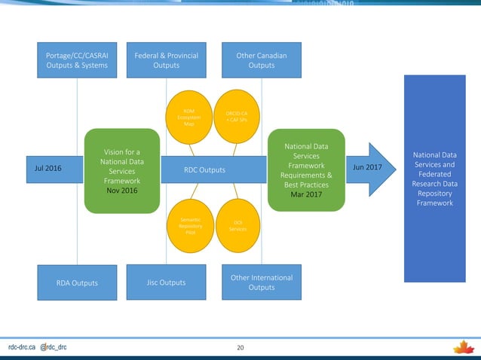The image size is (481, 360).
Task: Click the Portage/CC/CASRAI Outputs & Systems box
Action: [x=77, y=60]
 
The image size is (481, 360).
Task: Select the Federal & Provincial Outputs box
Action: [x=166, y=60]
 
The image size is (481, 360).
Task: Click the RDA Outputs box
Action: [x=77, y=283]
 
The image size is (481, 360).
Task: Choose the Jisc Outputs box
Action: [x=166, y=282]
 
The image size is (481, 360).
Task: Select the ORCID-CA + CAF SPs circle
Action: [x=236, y=117]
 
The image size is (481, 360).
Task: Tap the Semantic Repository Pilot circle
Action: [x=189, y=224]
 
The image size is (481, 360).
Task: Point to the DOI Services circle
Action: [x=236, y=224]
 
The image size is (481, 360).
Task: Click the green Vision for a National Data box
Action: [x=122, y=170]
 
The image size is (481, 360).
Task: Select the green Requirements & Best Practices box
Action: [x=307, y=170]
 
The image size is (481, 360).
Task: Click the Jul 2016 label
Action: [x=49, y=169]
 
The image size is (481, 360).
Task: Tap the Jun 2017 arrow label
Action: [x=369, y=169]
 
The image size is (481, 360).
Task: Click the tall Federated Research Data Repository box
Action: [x=434, y=179]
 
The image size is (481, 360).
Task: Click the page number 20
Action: [x=240, y=348]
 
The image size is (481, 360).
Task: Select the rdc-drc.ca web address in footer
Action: [x=23, y=348]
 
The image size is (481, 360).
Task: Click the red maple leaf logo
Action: [x=462, y=347]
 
